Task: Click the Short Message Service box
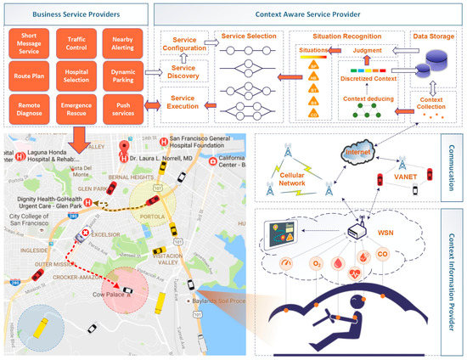click(30, 42)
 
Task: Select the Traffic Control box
click(76, 42)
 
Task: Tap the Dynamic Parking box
click(124, 78)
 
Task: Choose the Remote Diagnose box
click(30, 112)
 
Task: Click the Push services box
click(124, 112)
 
